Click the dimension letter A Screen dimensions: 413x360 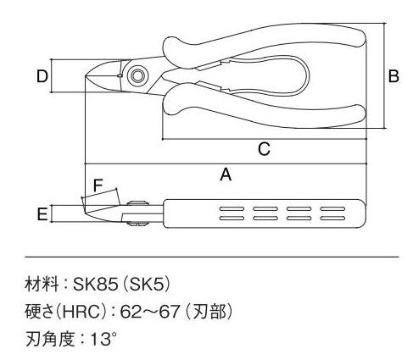coord(226,174)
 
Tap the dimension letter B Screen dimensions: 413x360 coord(393,76)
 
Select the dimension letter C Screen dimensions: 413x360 coord(264,149)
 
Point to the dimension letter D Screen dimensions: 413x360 coord(42,76)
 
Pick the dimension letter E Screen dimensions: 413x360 coord(42,214)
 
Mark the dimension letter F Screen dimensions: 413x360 coord(98,186)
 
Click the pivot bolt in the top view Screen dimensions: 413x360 coord(137,75)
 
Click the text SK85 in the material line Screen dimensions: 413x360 coord(95,284)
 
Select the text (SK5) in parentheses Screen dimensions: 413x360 coord(147,284)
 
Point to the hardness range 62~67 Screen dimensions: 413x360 coord(150,312)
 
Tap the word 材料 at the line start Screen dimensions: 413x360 coord(42,284)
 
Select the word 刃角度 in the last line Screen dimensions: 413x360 coord(50,339)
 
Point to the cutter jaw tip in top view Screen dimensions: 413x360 coord(87,75)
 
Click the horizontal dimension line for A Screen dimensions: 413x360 coord(226,163)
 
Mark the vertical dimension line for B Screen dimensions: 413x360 coord(384,75)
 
